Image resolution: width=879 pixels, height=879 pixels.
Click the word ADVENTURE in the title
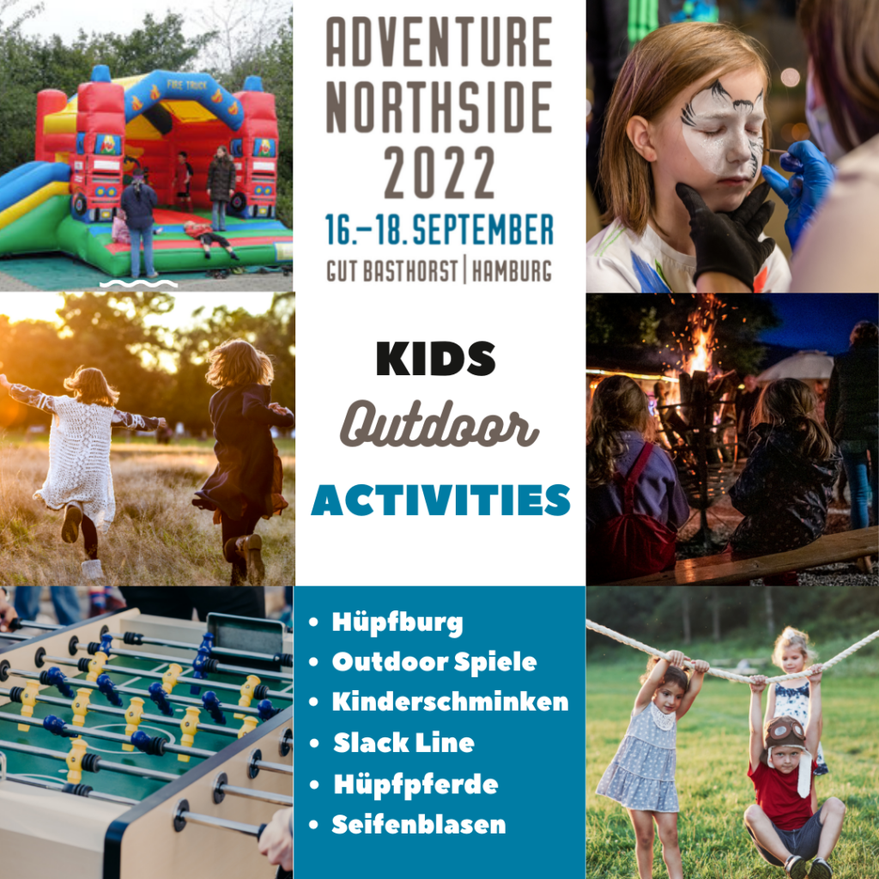pos(439,42)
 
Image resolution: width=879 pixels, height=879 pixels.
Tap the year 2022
pos(439,173)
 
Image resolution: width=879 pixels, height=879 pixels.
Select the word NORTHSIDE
pos(439,107)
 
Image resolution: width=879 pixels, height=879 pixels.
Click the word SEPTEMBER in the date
pos(482,229)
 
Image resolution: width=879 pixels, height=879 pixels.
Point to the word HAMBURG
pos(512,271)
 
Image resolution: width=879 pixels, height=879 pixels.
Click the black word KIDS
pos(435,358)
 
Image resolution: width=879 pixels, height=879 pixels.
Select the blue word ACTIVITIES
pos(440,500)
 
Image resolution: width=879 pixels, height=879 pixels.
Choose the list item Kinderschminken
pos(450,702)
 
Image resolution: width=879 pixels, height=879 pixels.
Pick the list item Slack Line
pos(403,743)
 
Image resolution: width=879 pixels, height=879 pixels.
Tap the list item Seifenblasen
pos(419,825)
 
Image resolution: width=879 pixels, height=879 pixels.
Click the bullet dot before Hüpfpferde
pos(314,785)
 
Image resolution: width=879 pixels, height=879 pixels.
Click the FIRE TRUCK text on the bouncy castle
pos(186,85)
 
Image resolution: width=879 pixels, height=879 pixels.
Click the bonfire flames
pos(700,348)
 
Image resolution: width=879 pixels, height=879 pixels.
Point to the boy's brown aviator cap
pos(786,733)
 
